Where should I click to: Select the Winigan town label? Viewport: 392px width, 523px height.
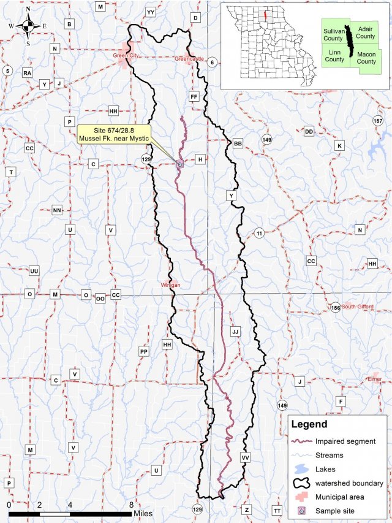point(171,285)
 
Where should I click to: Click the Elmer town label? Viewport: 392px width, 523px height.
point(374,379)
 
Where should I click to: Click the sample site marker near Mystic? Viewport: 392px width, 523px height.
point(179,164)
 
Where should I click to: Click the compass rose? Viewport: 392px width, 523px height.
point(28,26)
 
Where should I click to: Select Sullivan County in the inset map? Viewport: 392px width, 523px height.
point(333,34)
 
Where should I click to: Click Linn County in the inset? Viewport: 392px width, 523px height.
point(334,56)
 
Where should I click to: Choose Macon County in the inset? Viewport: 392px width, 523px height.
point(366,58)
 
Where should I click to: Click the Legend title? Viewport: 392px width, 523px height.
point(309,424)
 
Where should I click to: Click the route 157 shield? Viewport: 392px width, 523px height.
point(378,121)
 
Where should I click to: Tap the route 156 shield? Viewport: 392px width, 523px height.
point(335,307)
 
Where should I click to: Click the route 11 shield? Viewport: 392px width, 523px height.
point(259,233)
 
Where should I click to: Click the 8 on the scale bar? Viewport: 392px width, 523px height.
point(131,505)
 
